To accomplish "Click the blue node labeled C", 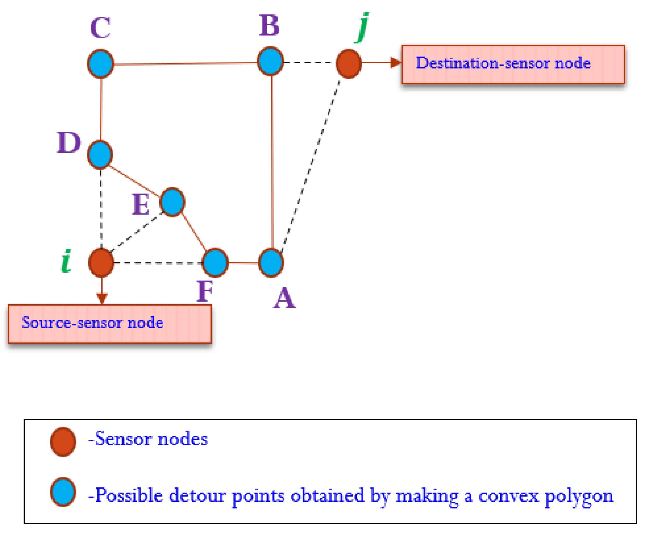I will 100,63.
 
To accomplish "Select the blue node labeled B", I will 270,61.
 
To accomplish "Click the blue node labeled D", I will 100,155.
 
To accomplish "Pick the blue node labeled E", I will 172,202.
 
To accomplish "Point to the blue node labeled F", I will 215,263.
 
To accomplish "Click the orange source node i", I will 101,263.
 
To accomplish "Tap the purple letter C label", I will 100,28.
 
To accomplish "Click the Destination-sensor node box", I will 513,65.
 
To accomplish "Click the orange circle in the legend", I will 63,442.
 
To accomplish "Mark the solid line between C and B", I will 185,63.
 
